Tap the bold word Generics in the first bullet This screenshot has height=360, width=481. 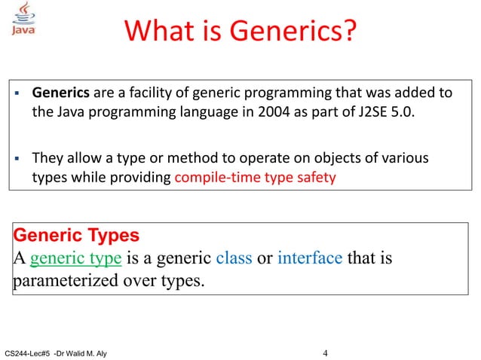(x=60, y=93)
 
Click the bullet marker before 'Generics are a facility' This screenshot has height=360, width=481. (x=17, y=94)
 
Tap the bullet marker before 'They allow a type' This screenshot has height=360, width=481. (x=17, y=159)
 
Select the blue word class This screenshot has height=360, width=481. (x=234, y=259)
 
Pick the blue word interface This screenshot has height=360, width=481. (x=310, y=259)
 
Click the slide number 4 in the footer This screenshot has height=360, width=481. (x=325, y=352)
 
